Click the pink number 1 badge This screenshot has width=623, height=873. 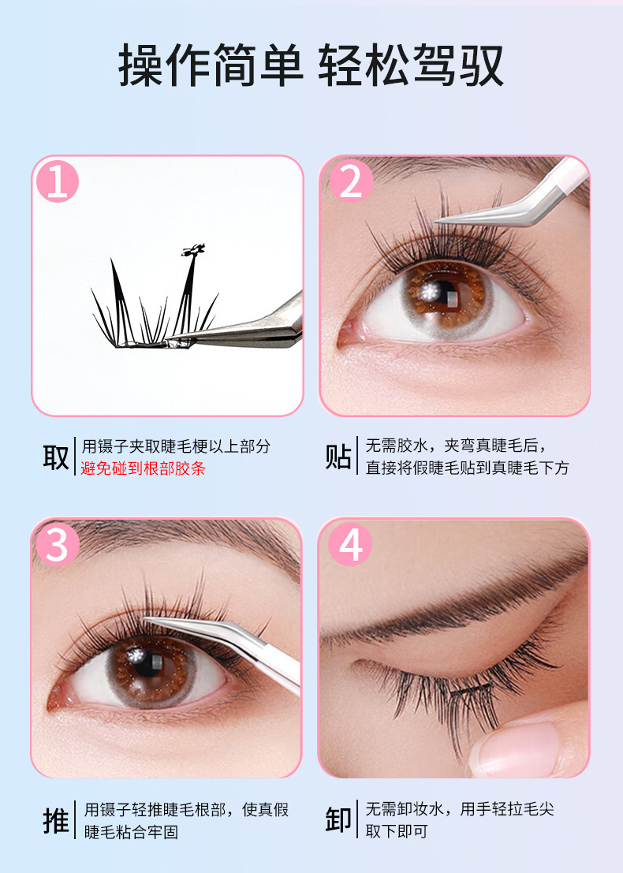[58, 181]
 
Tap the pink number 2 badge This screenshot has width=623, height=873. [351, 181]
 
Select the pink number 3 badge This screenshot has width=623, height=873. [58, 544]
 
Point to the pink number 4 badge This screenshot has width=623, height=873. [350, 544]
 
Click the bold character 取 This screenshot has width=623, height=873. [56, 457]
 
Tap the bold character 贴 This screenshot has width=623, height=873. [338, 457]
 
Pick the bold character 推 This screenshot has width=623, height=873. [56, 820]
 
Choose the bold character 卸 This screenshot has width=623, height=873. [338, 820]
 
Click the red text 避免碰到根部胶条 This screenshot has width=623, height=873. [143, 468]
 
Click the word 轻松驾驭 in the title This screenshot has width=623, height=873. [411, 65]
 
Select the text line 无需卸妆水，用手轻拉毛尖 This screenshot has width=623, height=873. [460, 809]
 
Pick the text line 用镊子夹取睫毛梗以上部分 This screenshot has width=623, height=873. [176, 446]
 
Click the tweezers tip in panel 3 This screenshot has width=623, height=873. [147, 618]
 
